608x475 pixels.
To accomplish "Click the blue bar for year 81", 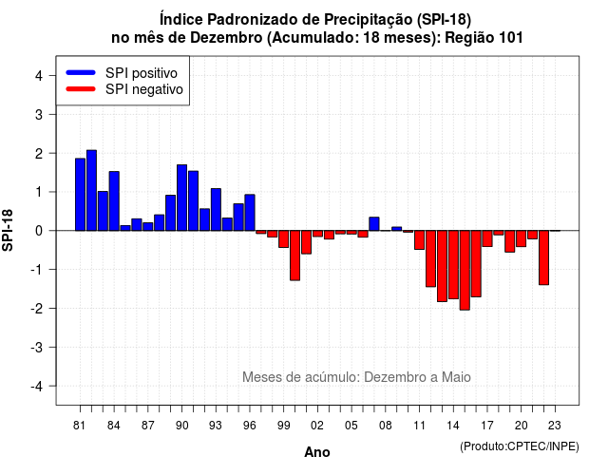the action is [80, 194].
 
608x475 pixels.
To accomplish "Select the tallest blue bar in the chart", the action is [91, 190].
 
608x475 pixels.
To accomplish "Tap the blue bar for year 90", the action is [181, 198].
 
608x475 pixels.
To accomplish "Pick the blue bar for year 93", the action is [216, 209].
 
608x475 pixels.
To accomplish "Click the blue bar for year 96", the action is [250, 213].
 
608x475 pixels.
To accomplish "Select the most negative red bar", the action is [465, 270].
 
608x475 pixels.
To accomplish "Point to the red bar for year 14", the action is [453, 264].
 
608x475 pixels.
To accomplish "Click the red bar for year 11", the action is [419, 240].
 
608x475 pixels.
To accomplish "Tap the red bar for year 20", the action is [522, 238].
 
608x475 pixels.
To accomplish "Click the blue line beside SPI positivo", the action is [81, 72].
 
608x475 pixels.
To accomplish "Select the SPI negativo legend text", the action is [144, 89].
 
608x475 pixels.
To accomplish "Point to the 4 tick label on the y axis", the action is [39, 76].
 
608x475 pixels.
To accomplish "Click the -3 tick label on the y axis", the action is [37, 347].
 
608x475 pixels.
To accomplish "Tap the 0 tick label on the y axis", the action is [39, 231].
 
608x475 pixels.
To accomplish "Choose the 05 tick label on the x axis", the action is [351, 426].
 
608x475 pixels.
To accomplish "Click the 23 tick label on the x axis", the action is [555, 426].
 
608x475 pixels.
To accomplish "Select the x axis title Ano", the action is [317, 452].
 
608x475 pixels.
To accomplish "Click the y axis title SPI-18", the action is [8, 230].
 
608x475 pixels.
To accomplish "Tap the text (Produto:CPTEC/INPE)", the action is [520, 446].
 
